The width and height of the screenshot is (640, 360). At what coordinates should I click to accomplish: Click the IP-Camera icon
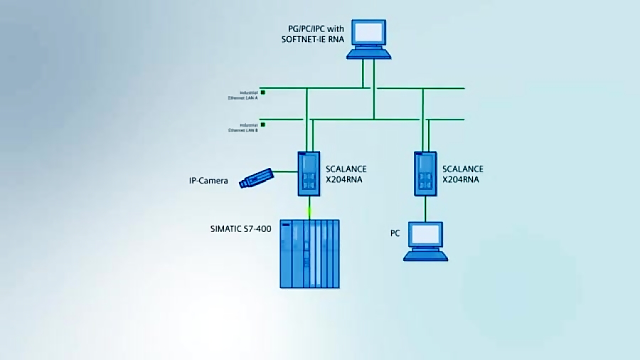click(256, 178)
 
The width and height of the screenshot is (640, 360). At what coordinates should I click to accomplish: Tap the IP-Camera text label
click(208, 181)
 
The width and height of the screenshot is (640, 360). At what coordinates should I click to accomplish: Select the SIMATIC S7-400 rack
click(309, 253)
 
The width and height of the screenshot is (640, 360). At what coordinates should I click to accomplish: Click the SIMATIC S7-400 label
click(240, 228)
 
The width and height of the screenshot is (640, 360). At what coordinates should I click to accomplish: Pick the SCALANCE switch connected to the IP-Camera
click(309, 174)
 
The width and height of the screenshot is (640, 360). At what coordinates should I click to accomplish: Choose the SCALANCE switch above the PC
click(425, 174)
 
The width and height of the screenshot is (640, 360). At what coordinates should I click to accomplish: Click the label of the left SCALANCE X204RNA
click(346, 174)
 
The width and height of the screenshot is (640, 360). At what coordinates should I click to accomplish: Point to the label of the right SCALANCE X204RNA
click(462, 174)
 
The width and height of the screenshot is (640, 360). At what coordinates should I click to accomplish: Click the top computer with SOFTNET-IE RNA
click(369, 39)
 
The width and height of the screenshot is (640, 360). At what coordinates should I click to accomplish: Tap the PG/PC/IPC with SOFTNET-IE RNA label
click(313, 33)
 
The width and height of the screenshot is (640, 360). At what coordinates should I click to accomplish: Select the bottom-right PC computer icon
click(425, 240)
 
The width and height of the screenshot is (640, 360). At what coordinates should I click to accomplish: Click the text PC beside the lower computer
click(395, 233)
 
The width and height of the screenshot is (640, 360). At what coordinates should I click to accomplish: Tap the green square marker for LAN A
click(262, 92)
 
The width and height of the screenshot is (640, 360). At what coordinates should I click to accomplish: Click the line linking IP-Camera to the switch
click(285, 171)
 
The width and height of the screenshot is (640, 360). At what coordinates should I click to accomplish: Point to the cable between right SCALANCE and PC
click(425, 208)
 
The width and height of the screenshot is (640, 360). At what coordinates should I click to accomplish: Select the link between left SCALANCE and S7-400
click(309, 208)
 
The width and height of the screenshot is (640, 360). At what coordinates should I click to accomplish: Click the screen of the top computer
click(369, 33)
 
